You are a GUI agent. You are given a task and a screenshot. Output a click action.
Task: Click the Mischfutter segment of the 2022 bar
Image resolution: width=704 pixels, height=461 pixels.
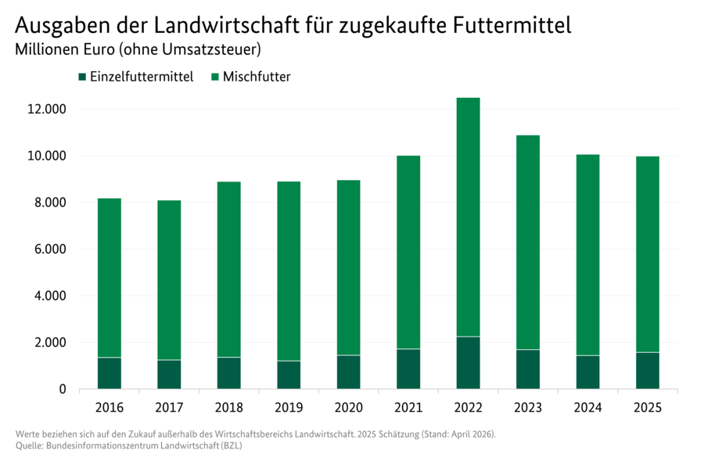[x=468, y=217]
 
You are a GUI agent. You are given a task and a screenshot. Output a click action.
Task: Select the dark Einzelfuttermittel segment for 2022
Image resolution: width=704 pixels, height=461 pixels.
[x=468, y=362]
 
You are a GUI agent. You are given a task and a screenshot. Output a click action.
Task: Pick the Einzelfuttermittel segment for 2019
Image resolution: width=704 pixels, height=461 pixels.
[x=289, y=375]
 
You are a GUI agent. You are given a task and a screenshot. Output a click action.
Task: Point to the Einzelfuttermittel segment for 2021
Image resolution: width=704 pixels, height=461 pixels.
[x=408, y=369]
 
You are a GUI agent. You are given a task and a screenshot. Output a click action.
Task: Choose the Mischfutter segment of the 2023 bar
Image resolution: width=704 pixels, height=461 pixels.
[x=528, y=243]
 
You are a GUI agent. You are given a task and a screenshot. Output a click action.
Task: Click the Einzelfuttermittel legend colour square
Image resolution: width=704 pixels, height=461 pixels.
[x=81, y=77]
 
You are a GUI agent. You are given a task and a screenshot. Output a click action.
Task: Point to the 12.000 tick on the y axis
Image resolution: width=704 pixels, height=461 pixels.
[x=46, y=110]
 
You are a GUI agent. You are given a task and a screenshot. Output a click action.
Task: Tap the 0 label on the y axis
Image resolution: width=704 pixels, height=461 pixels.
[x=63, y=389]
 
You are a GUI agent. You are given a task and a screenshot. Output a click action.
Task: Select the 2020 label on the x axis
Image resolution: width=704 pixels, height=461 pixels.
[x=348, y=408]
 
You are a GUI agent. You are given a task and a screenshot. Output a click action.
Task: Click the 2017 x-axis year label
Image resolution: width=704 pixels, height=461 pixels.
[x=169, y=408]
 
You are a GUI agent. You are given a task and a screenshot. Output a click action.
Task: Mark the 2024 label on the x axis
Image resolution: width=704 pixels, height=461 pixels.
[x=587, y=408]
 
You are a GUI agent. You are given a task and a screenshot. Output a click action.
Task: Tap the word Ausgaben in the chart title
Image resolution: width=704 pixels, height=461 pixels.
[x=60, y=25]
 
